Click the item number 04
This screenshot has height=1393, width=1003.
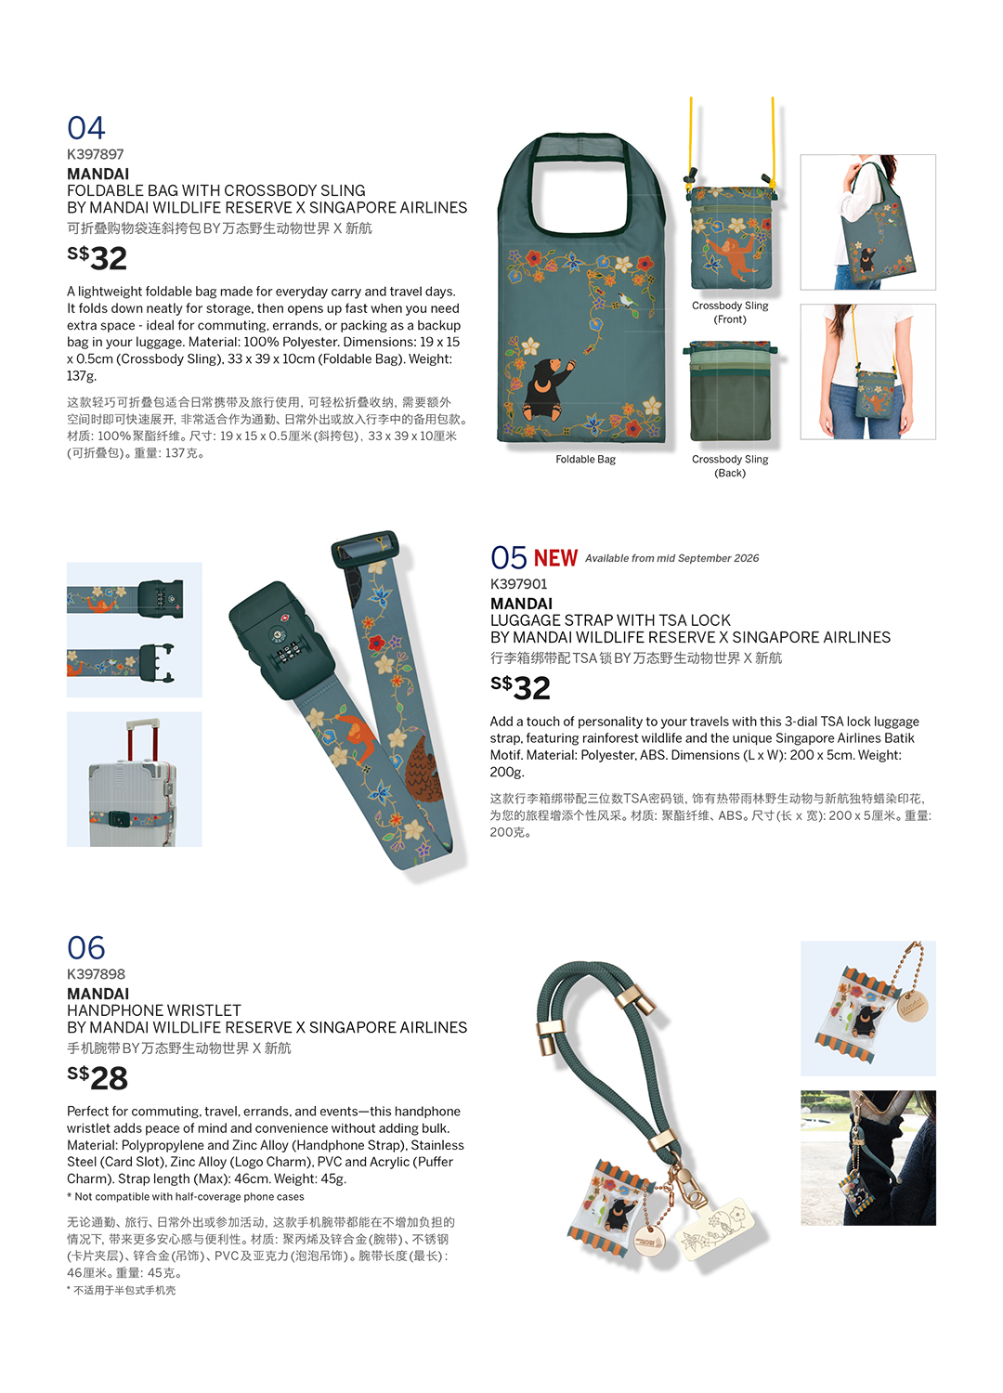(85, 128)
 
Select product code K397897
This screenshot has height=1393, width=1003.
(95, 154)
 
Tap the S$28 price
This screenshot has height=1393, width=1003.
(98, 1077)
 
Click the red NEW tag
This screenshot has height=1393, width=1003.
(555, 558)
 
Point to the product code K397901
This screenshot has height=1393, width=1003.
(518, 584)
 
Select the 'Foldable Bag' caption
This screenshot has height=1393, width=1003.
(585, 460)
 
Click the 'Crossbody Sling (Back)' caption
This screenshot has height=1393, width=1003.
(730, 466)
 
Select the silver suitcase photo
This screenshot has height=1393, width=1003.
(135, 779)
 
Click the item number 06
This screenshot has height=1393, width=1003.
(85, 948)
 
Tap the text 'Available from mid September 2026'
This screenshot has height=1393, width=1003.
(671, 558)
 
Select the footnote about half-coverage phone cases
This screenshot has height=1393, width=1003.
(186, 1196)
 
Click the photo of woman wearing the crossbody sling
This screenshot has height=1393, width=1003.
(868, 371)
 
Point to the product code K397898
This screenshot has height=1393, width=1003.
(96, 974)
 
